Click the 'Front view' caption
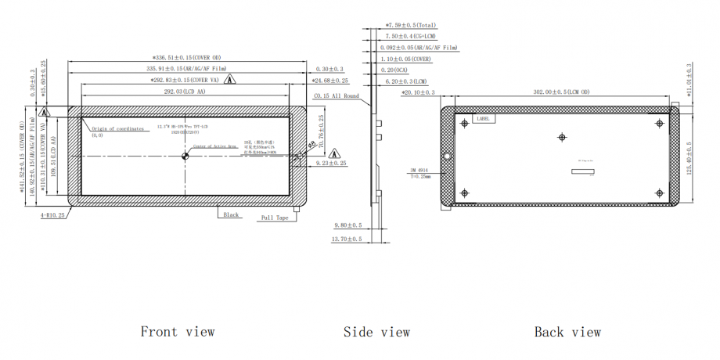coord(178,332)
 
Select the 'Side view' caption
coord(376,332)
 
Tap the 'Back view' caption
coord(567,332)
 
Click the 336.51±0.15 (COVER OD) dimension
coord(186,57)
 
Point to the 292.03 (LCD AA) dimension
coord(185,92)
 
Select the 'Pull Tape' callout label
coord(275,218)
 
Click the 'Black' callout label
coord(232,214)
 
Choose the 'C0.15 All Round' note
coord(336,96)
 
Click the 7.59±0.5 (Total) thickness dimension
coord(416,25)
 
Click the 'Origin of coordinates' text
coord(118,128)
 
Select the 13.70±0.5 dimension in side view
coord(347,238)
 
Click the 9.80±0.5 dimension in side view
coord(347,225)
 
